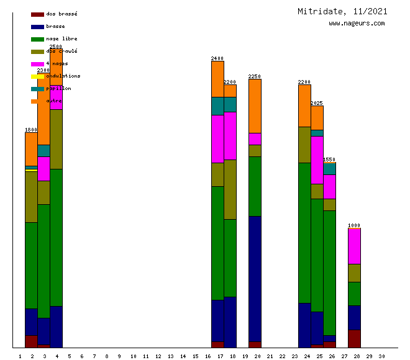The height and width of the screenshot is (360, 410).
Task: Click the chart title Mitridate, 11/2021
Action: click(342, 11)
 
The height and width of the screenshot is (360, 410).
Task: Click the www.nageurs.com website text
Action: click(357, 24)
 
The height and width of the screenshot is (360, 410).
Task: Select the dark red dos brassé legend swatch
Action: click(37, 14)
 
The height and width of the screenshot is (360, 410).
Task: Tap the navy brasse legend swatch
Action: click(37, 27)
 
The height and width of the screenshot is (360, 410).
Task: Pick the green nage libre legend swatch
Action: click(37, 39)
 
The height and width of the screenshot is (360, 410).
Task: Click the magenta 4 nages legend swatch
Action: click(37, 64)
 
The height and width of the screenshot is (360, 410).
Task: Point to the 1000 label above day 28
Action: click(354, 225)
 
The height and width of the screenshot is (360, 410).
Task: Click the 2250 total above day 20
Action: click(255, 76)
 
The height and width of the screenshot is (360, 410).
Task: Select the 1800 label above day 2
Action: click(31, 130)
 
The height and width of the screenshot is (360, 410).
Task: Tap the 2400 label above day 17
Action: click(217, 58)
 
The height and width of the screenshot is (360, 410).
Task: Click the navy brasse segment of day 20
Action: click(255, 279)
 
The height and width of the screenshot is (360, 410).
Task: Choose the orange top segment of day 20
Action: click(255, 106)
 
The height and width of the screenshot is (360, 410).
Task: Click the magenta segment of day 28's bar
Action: click(354, 246)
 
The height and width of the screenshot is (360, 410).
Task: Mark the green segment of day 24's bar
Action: click(304, 233)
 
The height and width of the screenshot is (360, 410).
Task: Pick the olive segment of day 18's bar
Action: click(230, 189)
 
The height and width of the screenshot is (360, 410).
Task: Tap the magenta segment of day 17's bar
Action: click(217, 138)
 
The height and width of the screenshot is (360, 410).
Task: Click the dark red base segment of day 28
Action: click(354, 338)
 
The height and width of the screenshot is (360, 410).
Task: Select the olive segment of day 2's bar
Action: click(31, 197)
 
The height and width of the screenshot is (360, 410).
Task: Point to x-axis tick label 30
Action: click(381, 356)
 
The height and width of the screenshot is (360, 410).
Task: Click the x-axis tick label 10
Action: click(133, 356)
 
